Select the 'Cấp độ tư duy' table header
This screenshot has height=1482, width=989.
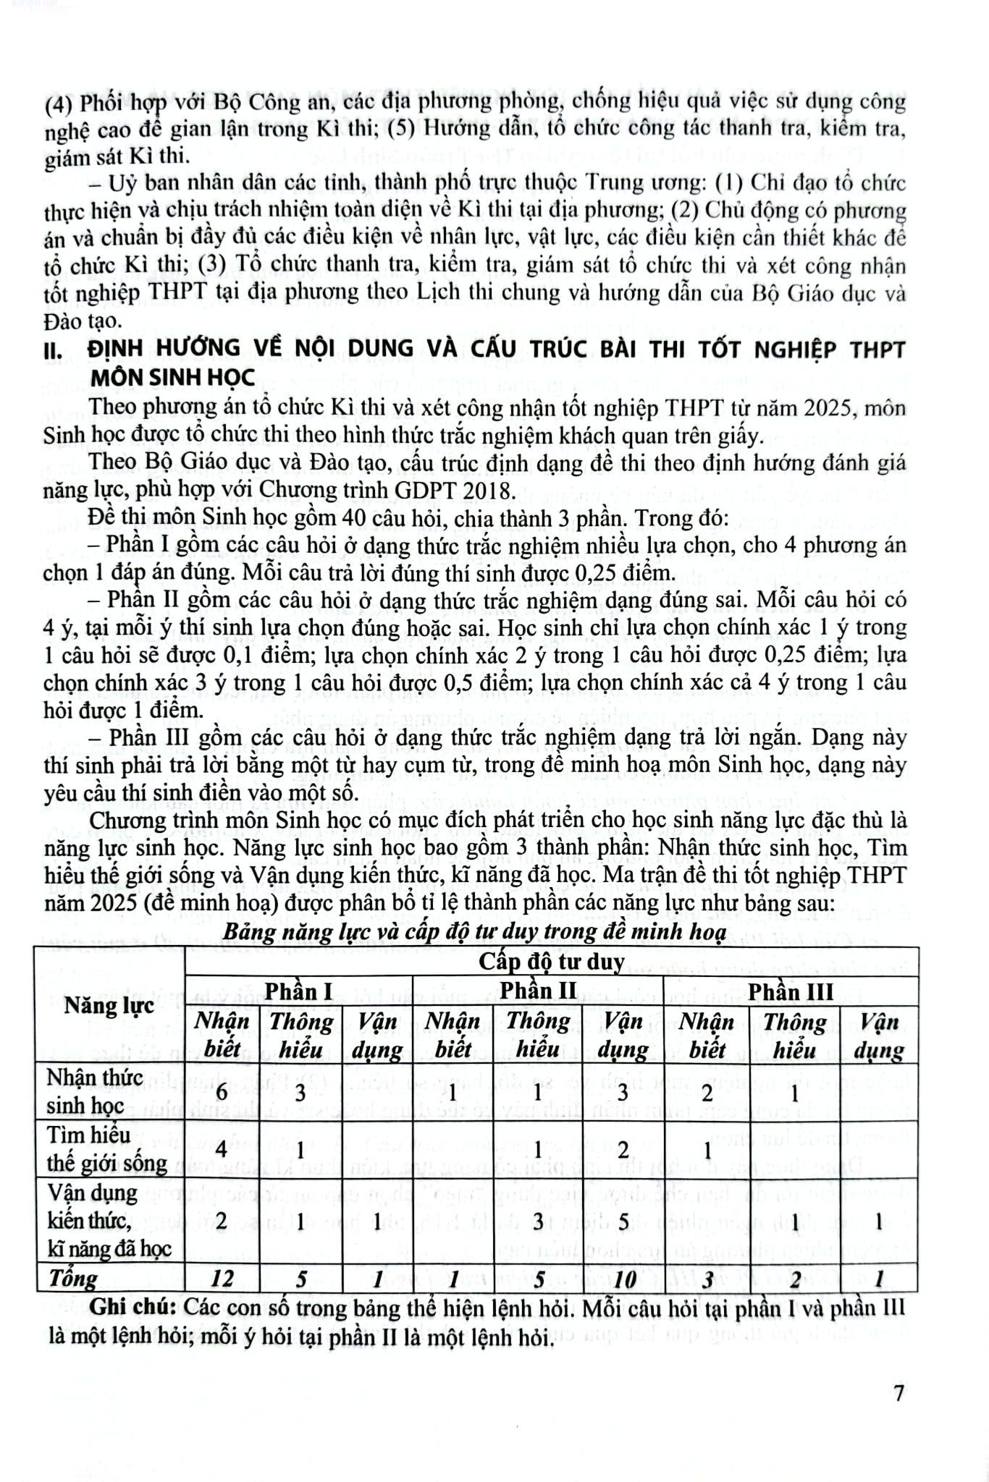point(552,962)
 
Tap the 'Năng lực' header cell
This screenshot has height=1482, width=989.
point(109,1005)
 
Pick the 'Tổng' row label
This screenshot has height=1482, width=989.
point(73,1279)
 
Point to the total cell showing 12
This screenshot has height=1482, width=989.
point(222,1279)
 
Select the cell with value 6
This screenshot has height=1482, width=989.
point(222,1093)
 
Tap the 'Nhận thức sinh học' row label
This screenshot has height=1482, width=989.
point(85,1092)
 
